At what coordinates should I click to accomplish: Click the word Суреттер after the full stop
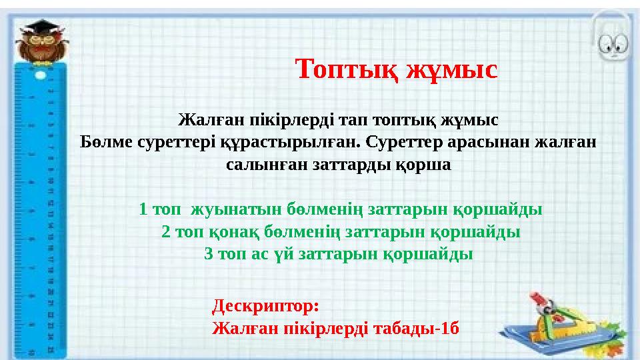pos(412,143)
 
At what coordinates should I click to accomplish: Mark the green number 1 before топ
pos(143,210)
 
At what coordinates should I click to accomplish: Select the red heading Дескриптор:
pos(266,307)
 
